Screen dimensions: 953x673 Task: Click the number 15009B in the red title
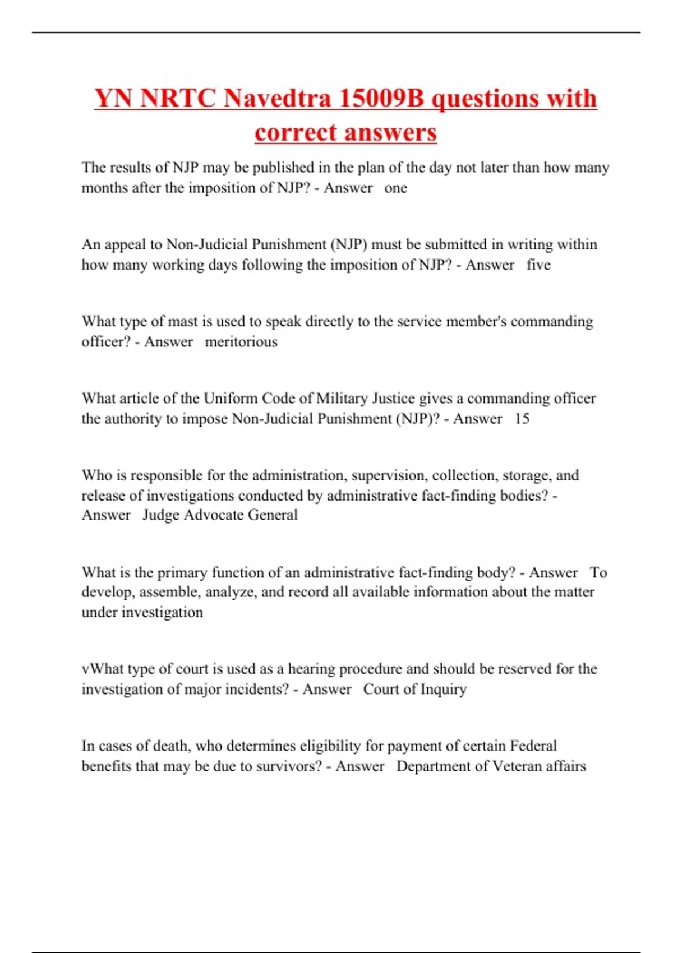pyautogui.click(x=381, y=99)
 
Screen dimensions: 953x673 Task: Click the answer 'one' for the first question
pyautogui.click(x=395, y=188)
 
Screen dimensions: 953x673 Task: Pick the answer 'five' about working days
pyautogui.click(x=538, y=265)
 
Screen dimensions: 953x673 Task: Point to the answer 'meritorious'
pyautogui.click(x=241, y=341)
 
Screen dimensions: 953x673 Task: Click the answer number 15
pyautogui.click(x=522, y=419)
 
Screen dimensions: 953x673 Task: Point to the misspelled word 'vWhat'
pyautogui.click(x=103, y=669)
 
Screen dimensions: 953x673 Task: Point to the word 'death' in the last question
pyautogui.click(x=171, y=746)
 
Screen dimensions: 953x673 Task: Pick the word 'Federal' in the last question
pyautogui.click(x=533, y=746)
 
